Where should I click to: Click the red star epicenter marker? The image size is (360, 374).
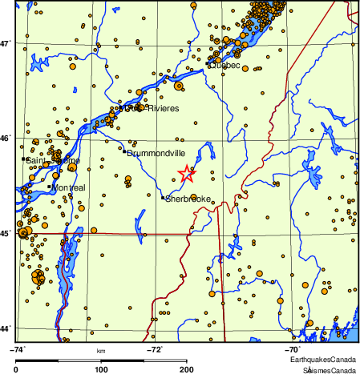(186, 173)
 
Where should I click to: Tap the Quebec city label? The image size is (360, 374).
(225, 66)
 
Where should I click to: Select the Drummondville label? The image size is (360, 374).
(157, 152)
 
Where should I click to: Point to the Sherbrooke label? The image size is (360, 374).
(188, 199)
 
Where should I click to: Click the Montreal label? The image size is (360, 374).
(68, 187)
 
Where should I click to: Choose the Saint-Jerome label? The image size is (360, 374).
(54, 161)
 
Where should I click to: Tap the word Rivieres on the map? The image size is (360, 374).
(162, 108)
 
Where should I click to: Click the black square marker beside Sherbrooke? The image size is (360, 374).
(163, 198)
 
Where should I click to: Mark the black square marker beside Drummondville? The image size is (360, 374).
(125, 151)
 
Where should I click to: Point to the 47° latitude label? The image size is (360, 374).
(7, 43)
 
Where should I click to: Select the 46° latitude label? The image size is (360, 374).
(7, 139)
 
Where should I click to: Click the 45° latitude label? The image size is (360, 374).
(7, 234)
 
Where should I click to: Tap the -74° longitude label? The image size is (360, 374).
(18, 349)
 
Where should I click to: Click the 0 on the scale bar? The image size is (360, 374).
(17, 369)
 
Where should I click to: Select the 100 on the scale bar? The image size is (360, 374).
(101, 369)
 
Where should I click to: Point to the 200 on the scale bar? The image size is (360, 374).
(186, 369)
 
